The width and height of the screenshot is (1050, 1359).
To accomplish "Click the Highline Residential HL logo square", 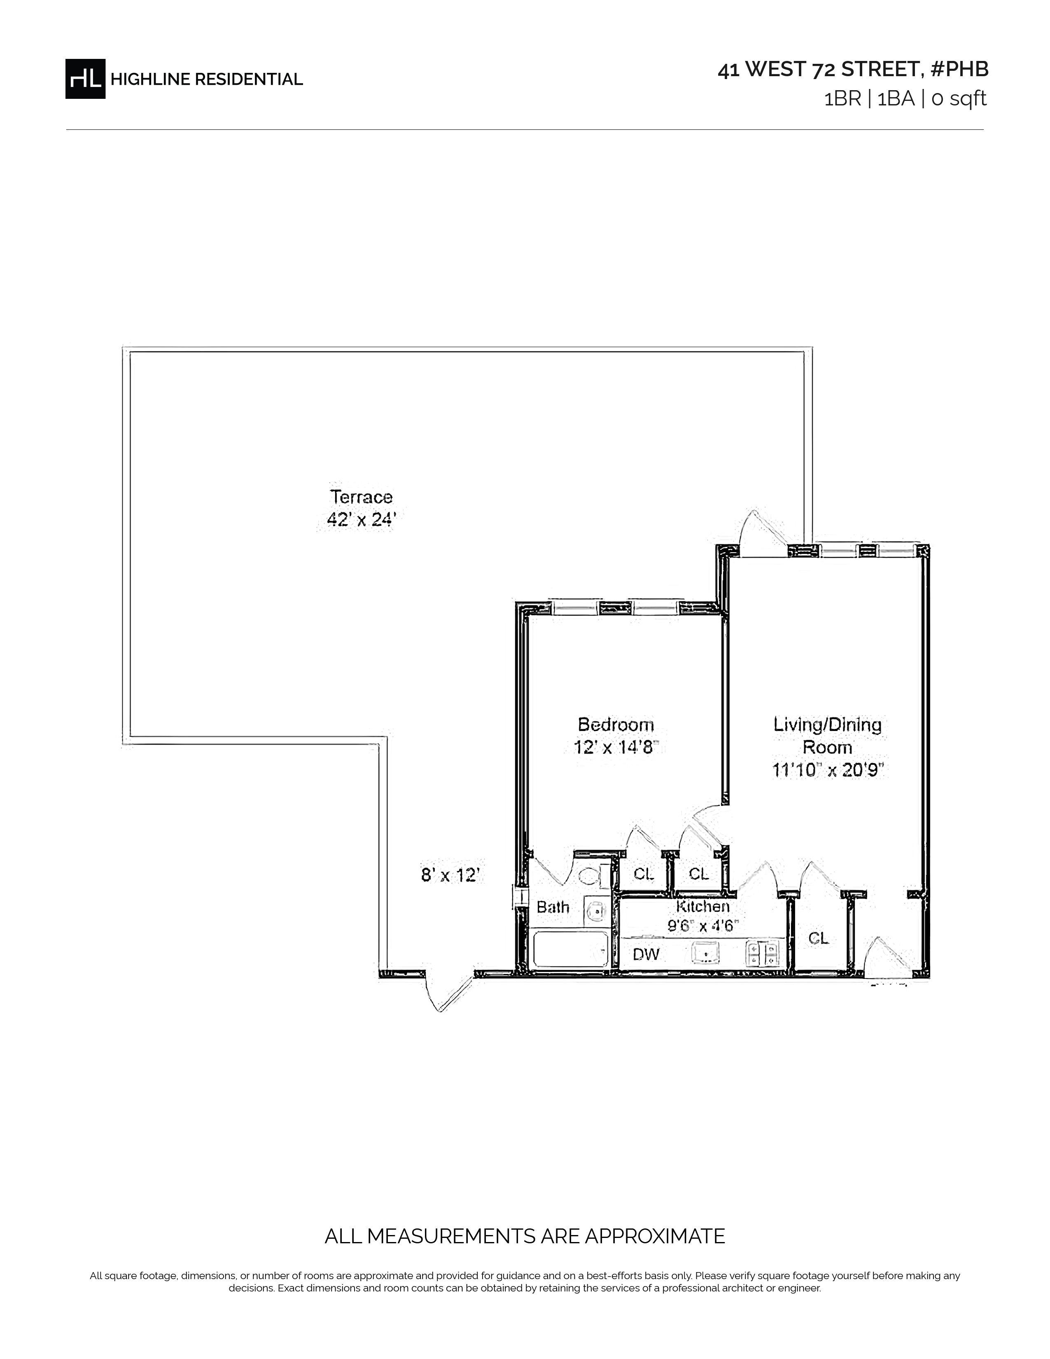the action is click(85, 79).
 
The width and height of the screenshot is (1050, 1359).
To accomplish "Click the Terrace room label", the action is click(362, 497).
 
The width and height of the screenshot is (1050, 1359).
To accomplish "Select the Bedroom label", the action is click(616, 724).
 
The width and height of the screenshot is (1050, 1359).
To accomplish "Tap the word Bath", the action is click(553, 907).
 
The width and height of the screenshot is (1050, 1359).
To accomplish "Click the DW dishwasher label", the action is click(646, 954).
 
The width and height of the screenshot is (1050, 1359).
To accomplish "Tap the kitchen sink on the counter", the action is click(706, 952).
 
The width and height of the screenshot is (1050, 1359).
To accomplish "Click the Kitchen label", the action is click(703, 907).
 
